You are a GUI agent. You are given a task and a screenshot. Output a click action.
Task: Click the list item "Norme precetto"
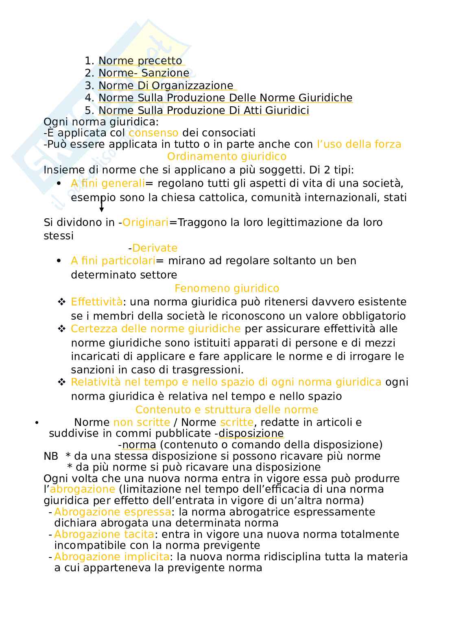tap(140, 61)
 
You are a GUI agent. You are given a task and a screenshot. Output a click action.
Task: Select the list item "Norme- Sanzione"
tap(144, 73)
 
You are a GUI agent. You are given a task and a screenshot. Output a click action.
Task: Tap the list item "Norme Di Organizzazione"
tap(166, 86)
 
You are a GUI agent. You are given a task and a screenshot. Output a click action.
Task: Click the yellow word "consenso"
tap(153, 133)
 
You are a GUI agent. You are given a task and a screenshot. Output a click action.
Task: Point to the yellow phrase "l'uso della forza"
tap(359, 144)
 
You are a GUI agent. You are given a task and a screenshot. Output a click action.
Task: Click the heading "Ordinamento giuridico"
tap(227, 156)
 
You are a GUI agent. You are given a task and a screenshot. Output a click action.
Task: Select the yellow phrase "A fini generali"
tap(108, 184)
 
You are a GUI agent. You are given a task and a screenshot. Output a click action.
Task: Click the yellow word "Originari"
tap(145, 222)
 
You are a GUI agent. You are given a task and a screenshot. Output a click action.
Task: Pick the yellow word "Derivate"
tap(155, 248)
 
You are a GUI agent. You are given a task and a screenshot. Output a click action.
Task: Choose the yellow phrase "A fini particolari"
tap(113, 261)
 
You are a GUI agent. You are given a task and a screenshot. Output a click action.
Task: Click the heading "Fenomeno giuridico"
tap(227, 288)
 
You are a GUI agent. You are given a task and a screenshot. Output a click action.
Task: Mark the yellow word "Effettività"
tap(96, 302)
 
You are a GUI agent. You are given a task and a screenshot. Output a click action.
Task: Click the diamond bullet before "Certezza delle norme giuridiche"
tap(62, 329)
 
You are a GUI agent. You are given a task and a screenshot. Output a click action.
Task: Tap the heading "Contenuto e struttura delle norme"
tap(227, 410)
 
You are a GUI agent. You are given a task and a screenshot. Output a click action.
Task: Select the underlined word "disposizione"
tap(251, 433)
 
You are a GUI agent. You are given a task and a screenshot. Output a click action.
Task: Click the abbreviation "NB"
tap(51, 456)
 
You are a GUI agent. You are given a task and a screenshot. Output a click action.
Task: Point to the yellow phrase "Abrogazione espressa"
tap(112, 512)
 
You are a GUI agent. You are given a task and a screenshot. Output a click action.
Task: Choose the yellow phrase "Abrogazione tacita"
tap(104, 534)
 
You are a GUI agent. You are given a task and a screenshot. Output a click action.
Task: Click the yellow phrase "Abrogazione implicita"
tap(112, 557)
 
